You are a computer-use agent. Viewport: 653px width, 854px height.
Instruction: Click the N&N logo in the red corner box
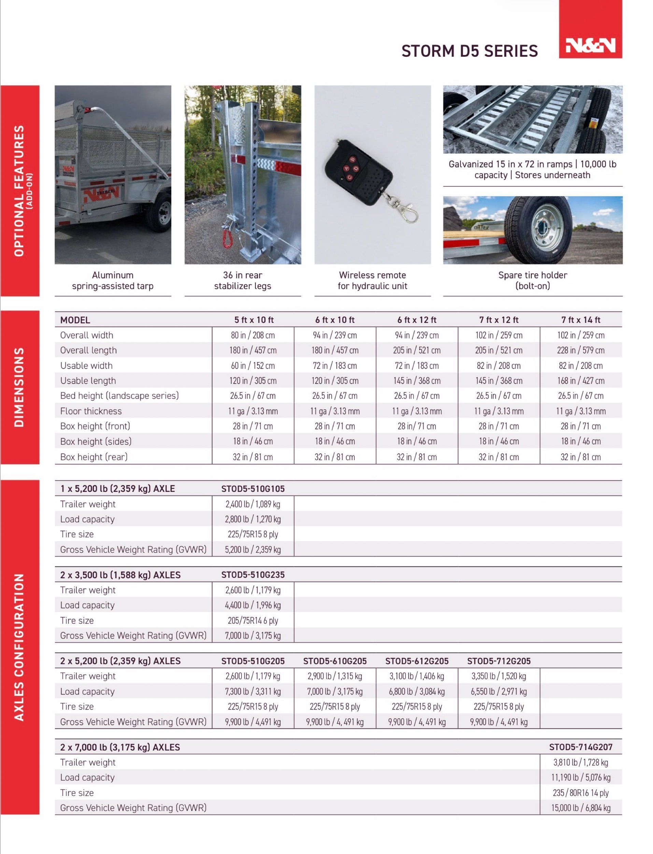pos(590,45)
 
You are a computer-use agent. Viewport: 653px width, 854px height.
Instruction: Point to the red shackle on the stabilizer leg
pos(227,238)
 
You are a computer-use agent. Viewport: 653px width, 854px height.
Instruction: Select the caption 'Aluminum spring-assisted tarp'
pos(113,280)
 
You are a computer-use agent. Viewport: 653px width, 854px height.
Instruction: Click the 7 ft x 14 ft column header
pos(580,320)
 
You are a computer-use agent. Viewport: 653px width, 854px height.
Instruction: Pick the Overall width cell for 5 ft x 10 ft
pos(253,335)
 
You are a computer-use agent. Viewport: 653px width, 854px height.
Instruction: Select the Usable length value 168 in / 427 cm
pos(580,380)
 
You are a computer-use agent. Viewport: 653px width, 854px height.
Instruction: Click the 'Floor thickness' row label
pos(91,411)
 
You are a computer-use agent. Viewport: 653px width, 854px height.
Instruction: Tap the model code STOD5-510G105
pos(253,488)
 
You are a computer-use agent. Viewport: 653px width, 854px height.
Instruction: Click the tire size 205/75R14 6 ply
pos(253,620)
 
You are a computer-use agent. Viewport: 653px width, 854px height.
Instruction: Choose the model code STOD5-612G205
pos(417,661)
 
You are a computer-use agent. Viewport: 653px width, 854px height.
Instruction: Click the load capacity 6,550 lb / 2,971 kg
pos(499,691)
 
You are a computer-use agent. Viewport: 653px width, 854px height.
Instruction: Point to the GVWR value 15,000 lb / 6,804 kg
pos(580,808)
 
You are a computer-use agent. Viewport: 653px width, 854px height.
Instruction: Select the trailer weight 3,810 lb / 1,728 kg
pos(580,762)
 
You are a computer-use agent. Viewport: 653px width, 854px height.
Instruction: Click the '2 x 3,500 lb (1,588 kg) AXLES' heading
pos(120,574)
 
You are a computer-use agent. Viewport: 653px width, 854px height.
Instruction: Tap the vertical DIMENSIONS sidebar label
pos(19,387)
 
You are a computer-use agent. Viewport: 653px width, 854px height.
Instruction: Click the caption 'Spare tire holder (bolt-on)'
pos(533,280)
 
